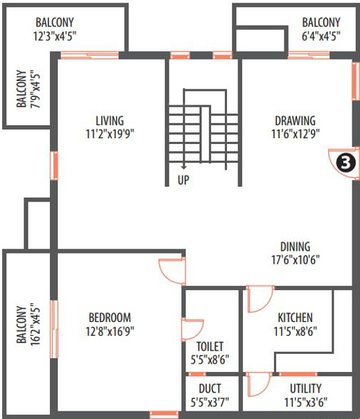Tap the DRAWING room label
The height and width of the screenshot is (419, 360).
point(296,121)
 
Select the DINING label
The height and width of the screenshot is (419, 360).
point(295,247)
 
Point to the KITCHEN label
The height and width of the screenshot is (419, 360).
point(296,317)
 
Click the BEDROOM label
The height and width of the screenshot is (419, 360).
point(110,317)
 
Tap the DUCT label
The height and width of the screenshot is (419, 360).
point(210,389)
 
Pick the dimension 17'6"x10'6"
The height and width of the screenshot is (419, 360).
point(295,260)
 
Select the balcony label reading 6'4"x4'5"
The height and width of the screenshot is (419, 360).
point(321,37)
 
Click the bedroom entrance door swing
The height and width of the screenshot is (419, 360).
point(171,269)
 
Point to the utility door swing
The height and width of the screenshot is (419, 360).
point(259,383)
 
